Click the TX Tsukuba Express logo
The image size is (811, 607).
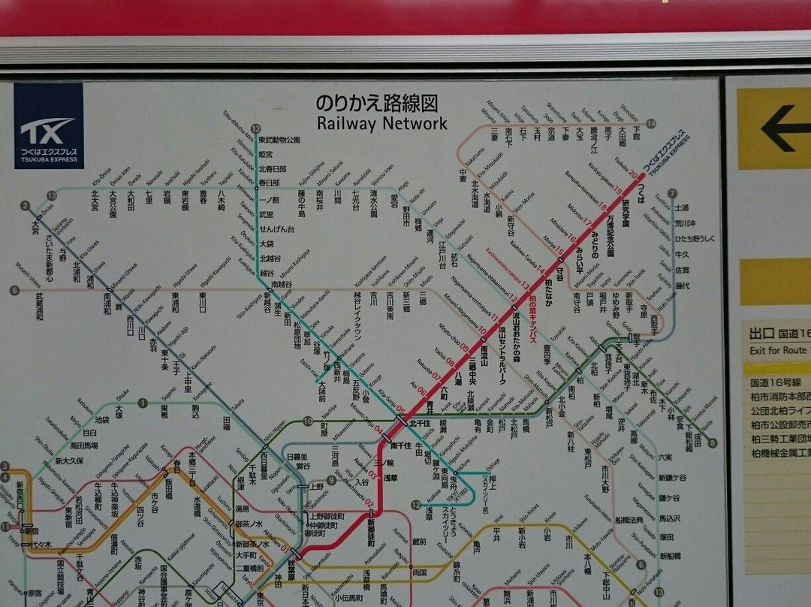[48, 125]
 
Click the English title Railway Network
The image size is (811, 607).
[381, 123]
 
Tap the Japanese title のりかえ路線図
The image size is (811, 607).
[376, 103]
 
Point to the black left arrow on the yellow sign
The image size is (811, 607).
[784, 128]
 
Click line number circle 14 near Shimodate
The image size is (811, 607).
[650, 124]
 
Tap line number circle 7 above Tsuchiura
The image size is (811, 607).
[671, 193]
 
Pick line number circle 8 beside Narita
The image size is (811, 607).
[712, 442]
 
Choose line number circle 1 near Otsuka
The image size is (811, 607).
[143, 403]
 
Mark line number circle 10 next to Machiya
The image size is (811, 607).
[308, 421]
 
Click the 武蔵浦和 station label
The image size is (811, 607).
[38, 307]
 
